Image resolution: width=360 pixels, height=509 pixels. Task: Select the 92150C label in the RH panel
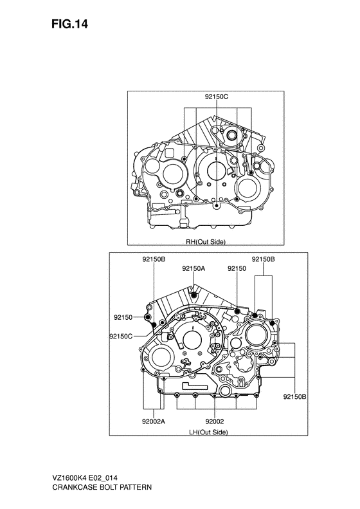217,97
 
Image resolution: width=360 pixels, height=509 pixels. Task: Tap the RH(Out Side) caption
206,243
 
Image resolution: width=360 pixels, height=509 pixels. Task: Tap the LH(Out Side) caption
208,432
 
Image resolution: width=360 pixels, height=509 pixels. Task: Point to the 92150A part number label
194,267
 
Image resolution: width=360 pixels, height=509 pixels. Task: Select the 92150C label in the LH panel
121,336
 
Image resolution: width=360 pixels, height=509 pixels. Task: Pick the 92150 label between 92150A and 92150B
237,267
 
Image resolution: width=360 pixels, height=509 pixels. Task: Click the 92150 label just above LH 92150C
123,317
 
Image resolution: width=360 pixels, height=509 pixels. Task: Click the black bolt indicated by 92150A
194,295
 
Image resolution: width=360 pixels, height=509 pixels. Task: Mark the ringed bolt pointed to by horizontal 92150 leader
149,317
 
